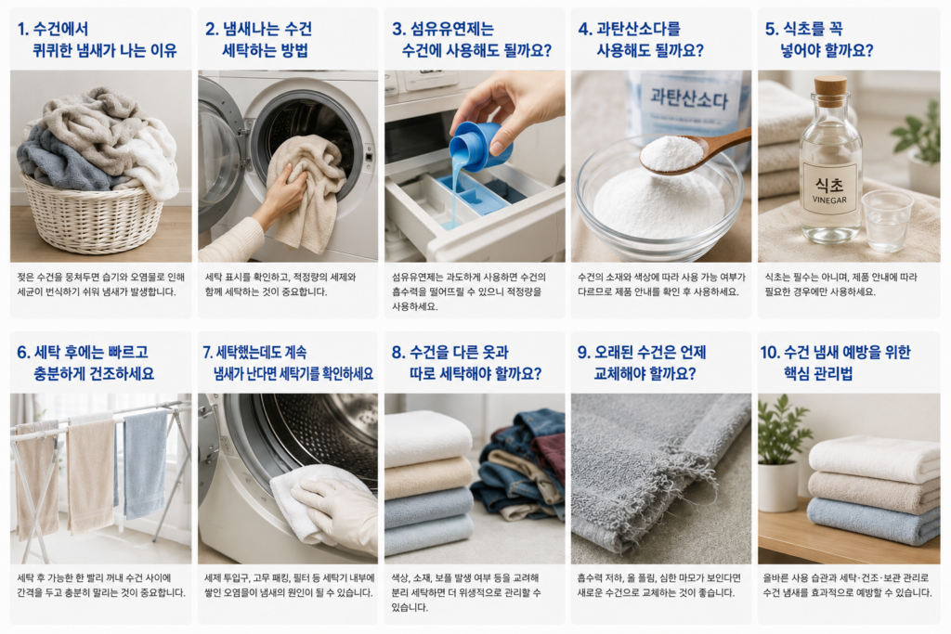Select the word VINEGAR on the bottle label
tap(829, 200)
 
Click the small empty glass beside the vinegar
tap(886, 221)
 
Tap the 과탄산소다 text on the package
tap(688, 97)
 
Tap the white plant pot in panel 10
tap(777, 485)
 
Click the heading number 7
tap(207, 352)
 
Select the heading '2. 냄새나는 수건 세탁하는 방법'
tap(258, 39)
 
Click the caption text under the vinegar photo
tap(840, 284)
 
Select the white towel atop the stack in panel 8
tap(428, 437)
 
